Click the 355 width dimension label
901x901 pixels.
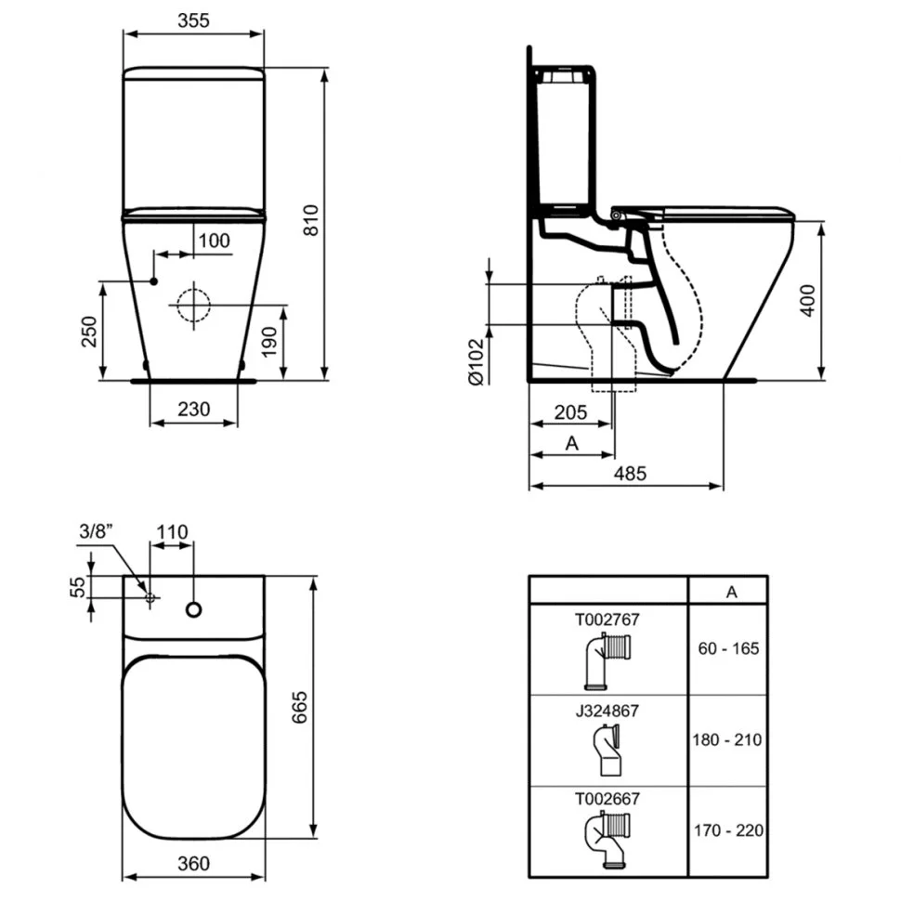tap(193, 20)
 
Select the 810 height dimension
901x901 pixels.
tap(311, 220)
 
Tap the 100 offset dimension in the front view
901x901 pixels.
tap(214, 241)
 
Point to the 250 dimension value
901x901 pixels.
tap(89, 332)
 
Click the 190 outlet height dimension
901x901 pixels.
tap(269, 342)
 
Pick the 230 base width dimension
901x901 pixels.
tap(193, 409)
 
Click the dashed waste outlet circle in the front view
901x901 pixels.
tap(193, 305)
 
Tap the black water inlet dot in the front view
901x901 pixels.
tap(153, 281)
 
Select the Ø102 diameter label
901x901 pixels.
tap(477, 361)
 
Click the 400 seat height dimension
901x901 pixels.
tap(808, 301)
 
